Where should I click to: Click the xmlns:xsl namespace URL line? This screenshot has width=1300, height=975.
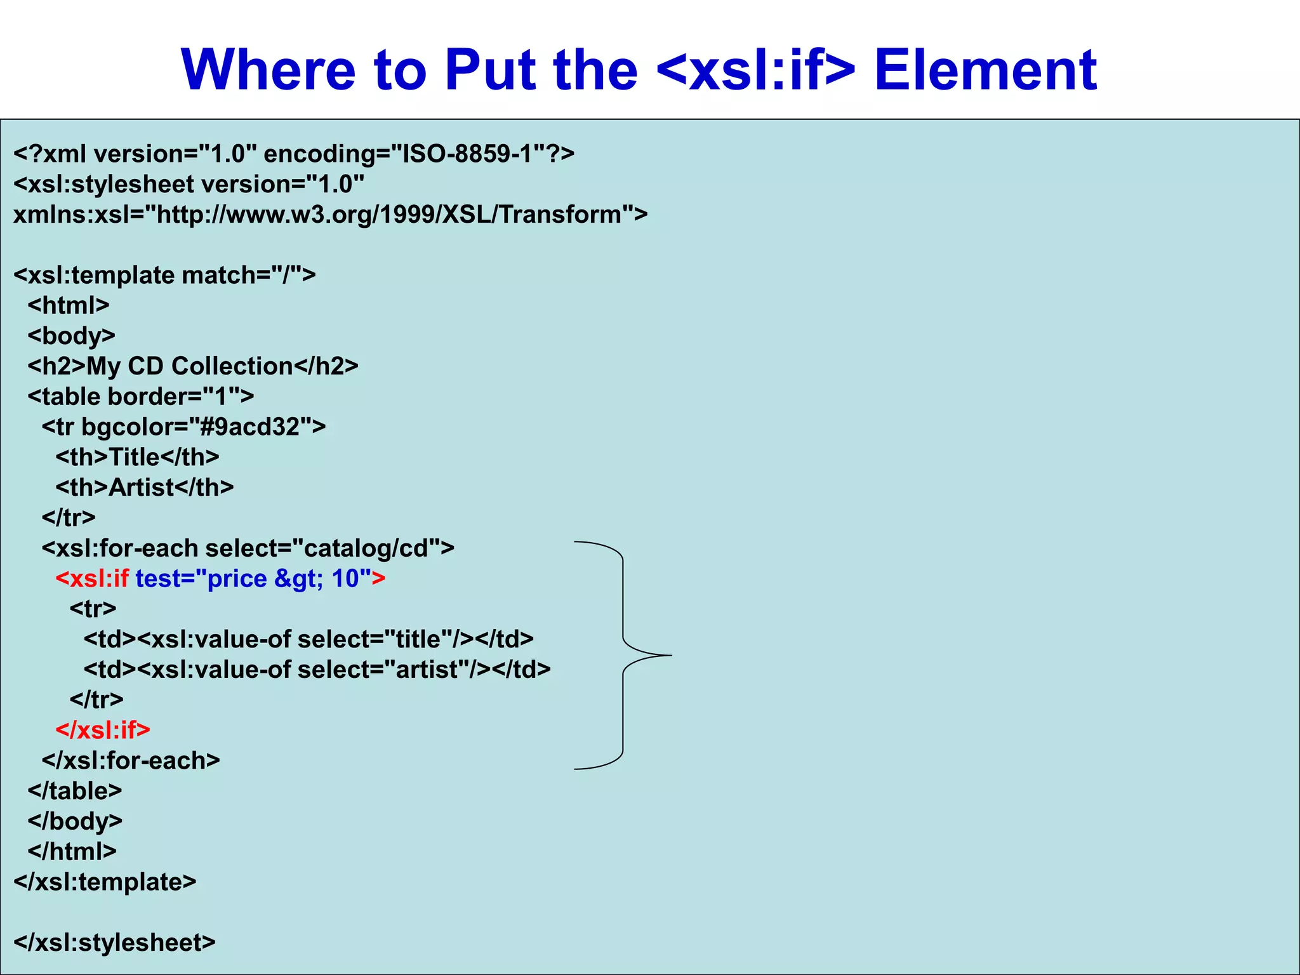pyautogui.click(x=330, y=215)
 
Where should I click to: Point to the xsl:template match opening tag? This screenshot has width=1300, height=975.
pyautogui.click(x=164, y=275)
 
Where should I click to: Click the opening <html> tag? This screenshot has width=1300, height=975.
pyautogui.click(x=69, y=305)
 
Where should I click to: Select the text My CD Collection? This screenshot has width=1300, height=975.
pyautogui.click(x=189, y=366)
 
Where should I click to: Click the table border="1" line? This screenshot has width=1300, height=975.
pyautogui.click(x=140, y=397)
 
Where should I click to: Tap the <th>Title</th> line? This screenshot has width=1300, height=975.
pyautogui.click(x=137, y=457)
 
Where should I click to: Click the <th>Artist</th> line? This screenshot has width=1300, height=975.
pyautogui.click(x=144, y=487)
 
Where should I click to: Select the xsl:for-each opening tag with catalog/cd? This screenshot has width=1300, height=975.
pyautogui.click(x=248, y=548)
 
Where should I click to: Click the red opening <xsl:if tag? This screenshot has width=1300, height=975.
pyautogui.click(x=93, y=578)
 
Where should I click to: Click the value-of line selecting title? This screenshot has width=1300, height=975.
pyautogui.click(x=308, y=639)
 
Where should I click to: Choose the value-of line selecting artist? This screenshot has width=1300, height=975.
pyautogui.click(x=317, y=670)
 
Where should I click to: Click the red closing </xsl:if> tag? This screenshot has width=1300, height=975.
pyautogui.click(x=103, y=730)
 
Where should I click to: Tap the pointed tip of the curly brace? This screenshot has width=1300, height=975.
pyautogui.click(x=670, y=655)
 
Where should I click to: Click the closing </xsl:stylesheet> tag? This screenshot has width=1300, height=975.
pyautogui.click(x=114, y=943)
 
